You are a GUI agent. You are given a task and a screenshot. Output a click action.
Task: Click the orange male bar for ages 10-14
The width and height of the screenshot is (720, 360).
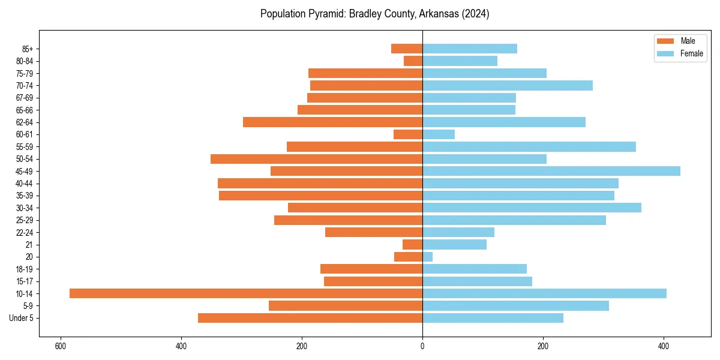pos(246,293)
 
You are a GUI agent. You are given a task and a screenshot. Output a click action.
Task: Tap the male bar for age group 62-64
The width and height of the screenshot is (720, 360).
pos(332,122)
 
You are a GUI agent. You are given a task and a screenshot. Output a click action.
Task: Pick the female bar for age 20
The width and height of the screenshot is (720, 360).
pos(427,257)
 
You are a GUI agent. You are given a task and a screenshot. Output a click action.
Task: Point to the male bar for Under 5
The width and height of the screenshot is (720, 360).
pos(310,318)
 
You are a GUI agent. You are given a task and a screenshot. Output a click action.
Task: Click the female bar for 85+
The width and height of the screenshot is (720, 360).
pos(469,49)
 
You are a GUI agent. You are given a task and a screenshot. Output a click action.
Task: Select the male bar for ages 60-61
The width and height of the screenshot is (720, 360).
pos(408,134)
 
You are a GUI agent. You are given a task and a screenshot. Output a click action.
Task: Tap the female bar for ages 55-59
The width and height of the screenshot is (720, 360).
pos(529,147)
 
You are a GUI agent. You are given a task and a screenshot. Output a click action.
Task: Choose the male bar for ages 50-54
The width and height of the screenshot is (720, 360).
pos(316,159)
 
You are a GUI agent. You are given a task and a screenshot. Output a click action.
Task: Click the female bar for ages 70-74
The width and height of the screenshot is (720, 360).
pos(507,86)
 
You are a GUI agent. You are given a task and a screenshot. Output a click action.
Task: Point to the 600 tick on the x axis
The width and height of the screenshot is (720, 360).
pos(60,346)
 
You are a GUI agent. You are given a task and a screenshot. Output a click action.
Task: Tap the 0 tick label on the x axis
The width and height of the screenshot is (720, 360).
pos(422,346)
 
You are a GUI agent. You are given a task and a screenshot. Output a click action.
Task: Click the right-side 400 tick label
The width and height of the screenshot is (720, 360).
pos(663,346)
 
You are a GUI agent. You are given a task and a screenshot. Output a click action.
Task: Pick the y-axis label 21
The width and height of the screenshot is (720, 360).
pos(29,245)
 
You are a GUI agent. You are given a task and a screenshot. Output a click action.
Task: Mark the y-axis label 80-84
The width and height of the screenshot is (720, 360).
pos(25,61)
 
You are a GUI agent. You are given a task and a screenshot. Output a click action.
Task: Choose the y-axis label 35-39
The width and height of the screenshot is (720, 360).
pos(25,196)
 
